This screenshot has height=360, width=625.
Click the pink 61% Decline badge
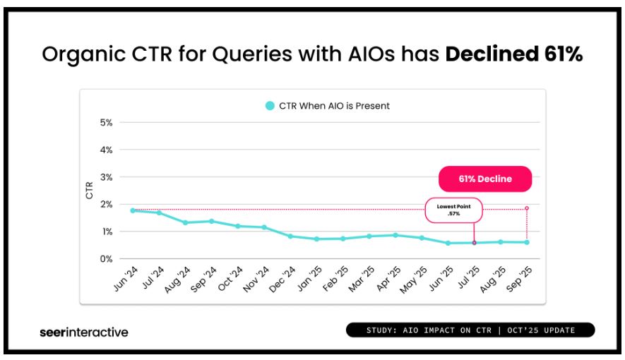485,179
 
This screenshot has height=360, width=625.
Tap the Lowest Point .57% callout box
453,210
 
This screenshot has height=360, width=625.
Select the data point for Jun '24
133,210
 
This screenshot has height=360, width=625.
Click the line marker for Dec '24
290,236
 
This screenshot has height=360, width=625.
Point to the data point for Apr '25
395,235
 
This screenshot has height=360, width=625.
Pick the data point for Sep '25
527,242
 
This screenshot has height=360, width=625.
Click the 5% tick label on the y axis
106,123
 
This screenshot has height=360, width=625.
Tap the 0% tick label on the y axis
106,259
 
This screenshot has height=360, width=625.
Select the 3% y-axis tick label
106,177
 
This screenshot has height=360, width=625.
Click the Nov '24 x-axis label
256,279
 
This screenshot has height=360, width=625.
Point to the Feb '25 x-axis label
335,279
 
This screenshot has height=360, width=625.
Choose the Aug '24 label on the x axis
177,280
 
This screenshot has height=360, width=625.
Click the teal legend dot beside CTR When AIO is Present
270,106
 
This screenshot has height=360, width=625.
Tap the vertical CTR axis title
89,191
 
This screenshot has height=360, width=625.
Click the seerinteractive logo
84,332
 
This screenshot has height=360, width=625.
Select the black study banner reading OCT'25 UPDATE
470,330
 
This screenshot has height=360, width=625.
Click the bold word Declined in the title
492,54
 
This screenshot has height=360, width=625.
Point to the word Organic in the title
84,54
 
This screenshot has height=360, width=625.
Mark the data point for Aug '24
185,222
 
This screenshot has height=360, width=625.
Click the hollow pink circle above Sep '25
527,208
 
